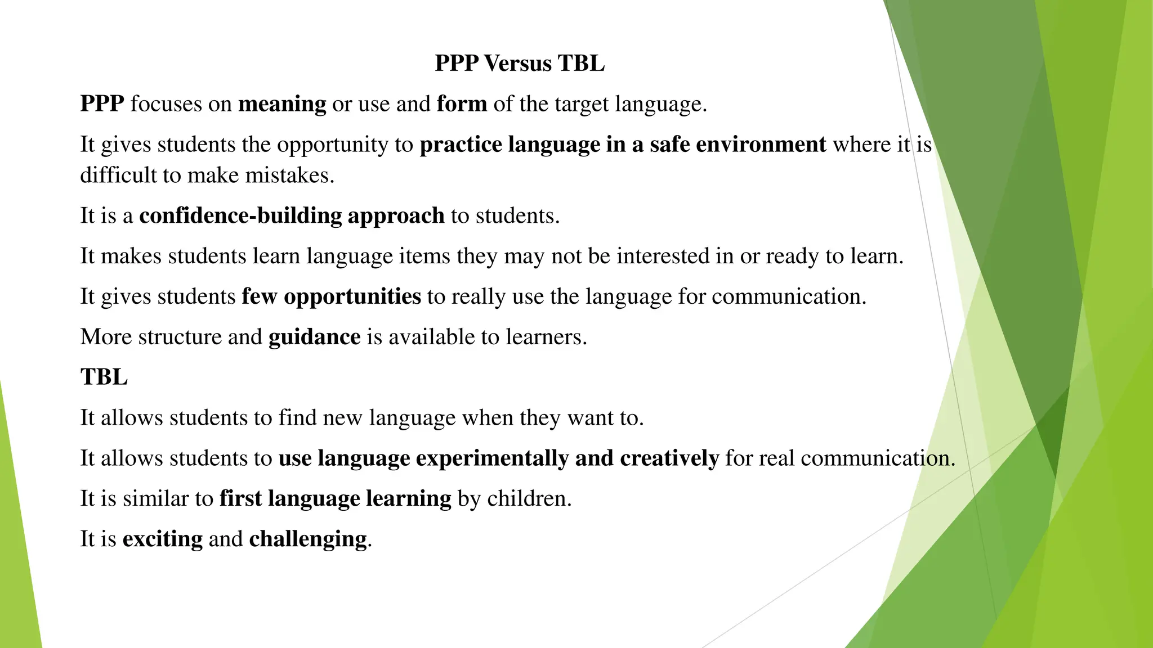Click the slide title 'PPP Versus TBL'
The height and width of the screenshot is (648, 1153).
[x=520, y=63]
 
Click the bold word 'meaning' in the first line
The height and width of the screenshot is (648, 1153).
[x=282, y=104]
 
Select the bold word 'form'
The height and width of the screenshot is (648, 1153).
[x=462, y=104]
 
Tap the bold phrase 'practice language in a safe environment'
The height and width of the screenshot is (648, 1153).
[x=623, y=145]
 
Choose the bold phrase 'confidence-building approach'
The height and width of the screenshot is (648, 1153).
[x=292, y=216]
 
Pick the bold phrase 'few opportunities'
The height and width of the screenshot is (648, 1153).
[x=331, y=296]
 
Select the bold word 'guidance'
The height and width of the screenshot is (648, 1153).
[x=314, y=337]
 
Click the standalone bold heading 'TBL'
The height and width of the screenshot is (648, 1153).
[x=104, y=377]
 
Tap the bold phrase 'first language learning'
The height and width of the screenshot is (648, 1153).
[x=335, y=498]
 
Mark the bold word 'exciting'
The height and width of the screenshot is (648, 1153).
[x=162, y=539]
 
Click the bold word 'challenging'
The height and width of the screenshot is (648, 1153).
[x=307, y=539]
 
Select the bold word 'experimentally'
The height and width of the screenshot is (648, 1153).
[x=492, y=458]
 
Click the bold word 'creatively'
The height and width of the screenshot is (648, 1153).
[x=669, y=458]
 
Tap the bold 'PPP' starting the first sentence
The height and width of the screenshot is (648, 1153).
[x=102, y=104]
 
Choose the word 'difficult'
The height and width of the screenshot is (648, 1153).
[x=118, y=175]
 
